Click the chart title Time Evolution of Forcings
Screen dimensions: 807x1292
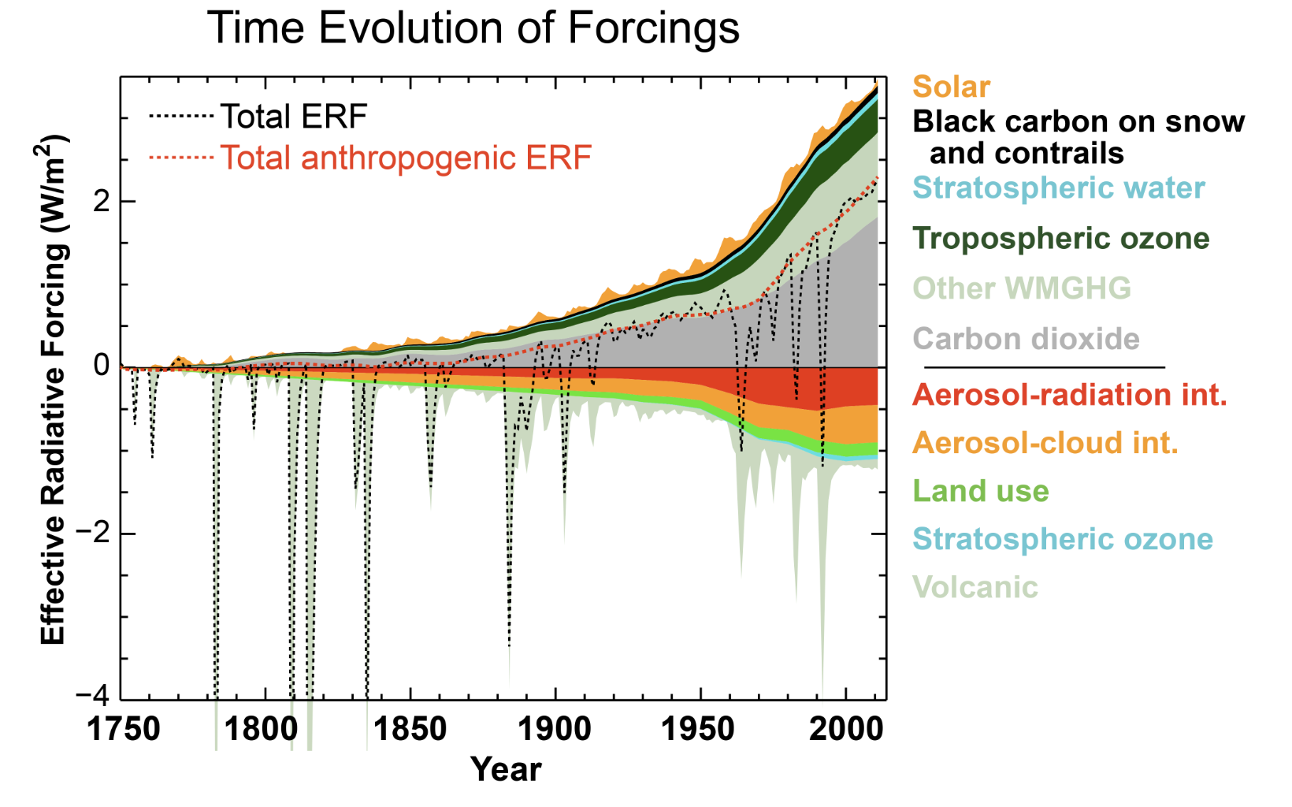(x=473, y=28)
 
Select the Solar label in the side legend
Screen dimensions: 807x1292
(x=951, y=87)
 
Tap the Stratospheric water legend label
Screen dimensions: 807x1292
(x=1058, y=188)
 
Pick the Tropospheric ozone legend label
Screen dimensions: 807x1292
(x=1060, y=239)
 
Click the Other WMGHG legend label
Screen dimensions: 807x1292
(x=1022, y=288)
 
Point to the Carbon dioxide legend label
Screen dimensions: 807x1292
(x=1026, y=339)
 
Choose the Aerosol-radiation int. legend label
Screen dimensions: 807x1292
(x=1069, y=394)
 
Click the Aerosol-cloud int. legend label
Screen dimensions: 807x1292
(x=1045, y=443)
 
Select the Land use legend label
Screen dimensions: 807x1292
(x=980, y=491)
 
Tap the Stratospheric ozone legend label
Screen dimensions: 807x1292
(x=1062, y=539)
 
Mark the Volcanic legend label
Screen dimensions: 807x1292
(x=975, y=587)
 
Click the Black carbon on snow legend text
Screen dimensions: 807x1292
(x=1078, y=122)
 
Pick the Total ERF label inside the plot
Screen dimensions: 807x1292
(x=293, y=117)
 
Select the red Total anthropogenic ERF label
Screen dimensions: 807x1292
(x=405, y=158)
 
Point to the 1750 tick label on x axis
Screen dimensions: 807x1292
(x=123, y=729)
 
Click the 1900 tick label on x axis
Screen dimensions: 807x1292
(x=555, y=729)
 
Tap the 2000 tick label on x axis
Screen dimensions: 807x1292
(x=846, y=729)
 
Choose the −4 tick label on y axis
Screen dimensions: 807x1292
(x=92, y=697)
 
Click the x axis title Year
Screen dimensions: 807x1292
(x=505, y=770)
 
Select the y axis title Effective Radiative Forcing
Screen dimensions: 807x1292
(x=53, y=390)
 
